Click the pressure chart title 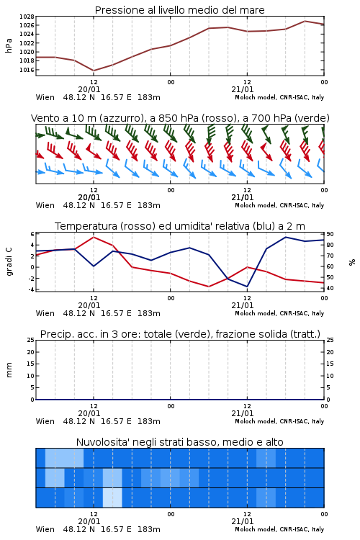tap(179, 10)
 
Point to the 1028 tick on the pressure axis tap(27, 17)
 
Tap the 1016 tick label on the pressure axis tap(27, 70)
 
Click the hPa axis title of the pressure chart tap(9, 45)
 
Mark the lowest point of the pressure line tap(94, 71)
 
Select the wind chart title tap(180, 118)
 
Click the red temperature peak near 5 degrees tap(94, 238)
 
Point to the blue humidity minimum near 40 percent tap(247, 287)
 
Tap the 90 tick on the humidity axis tap(330, 234)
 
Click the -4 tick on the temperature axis tap(31, 289)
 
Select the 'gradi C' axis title tap(9, 261)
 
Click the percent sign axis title tap(352, 262)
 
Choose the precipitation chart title tap(180, 334)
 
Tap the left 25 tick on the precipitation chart tap(31, 340)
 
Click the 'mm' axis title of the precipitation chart tap(9, 370)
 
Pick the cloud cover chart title tap(179, 442)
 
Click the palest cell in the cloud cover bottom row tap(112, 498)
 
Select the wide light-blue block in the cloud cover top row tap(64, 458)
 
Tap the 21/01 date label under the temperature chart tap(243, 305)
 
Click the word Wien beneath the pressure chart tap(45, 97)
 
